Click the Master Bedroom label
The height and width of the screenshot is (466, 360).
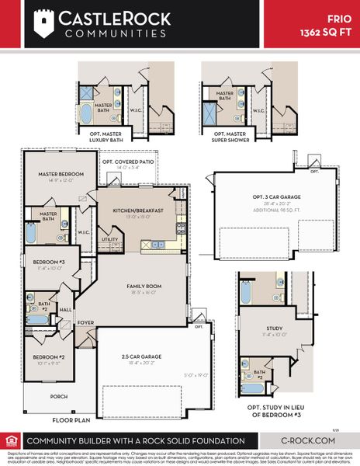[x=55, y=175]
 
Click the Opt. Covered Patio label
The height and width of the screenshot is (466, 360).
[x=128, y=162]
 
